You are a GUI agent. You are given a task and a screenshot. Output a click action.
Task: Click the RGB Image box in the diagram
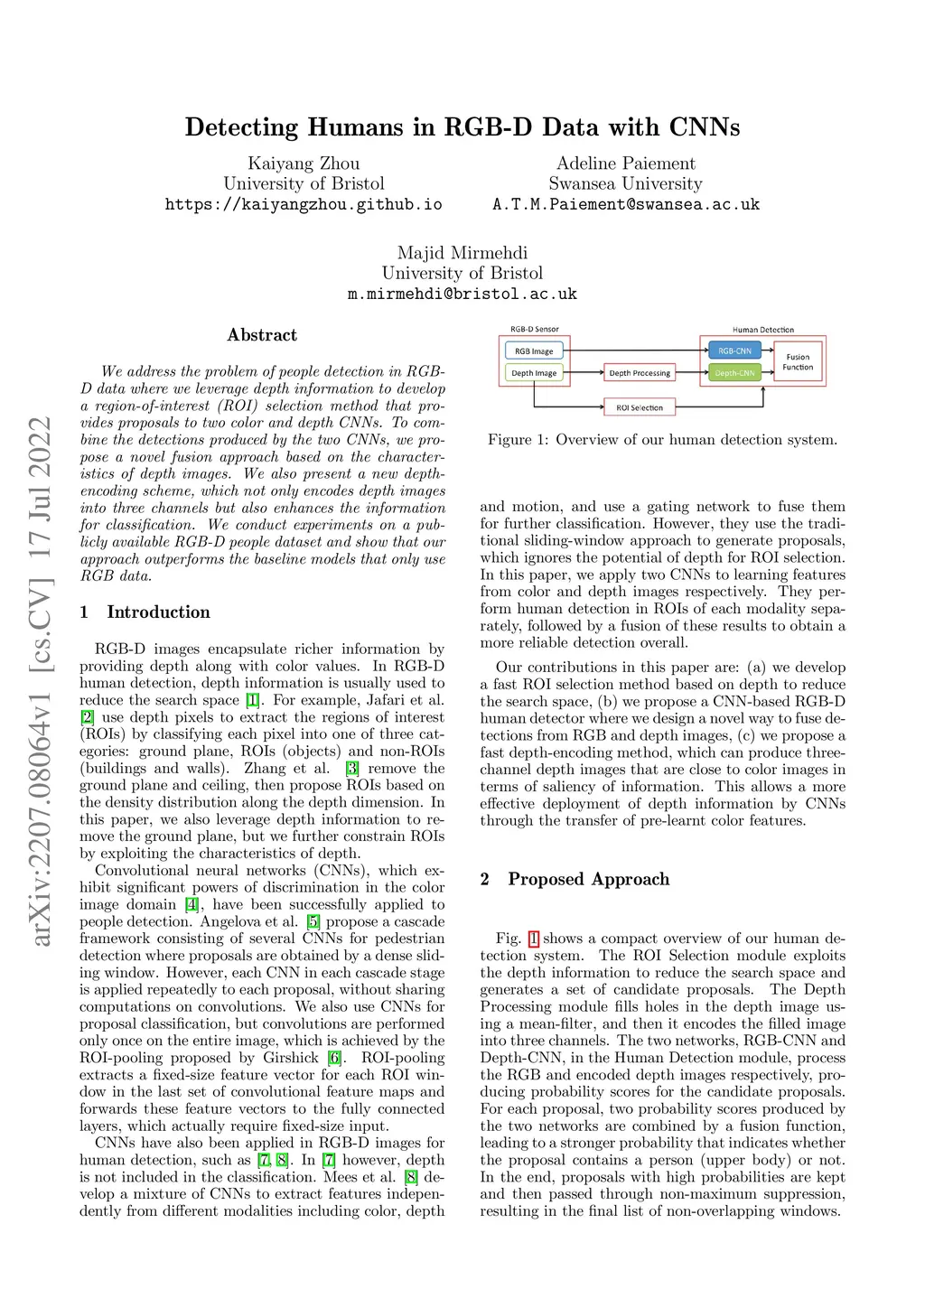tap(533, 350)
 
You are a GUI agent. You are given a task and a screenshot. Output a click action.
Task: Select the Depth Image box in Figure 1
tap(534, 372)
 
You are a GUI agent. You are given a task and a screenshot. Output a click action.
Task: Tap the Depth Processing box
tap(640, 372)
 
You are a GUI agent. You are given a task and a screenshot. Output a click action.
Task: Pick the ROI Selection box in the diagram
tap(640, 407)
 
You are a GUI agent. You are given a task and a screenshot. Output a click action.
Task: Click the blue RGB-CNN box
tap(734, 350)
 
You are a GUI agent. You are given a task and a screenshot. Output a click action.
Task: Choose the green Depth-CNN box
tap(734, 372)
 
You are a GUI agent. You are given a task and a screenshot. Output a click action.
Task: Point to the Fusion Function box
tap(798, 361)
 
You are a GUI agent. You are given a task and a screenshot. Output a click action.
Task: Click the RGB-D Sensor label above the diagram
tap(535, 330)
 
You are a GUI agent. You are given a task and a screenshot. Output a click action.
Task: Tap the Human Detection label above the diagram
tap(763, 330)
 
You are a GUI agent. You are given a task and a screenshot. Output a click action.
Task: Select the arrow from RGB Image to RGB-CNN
tap(632, 350)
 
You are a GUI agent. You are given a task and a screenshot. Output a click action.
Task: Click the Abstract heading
tap(262, 335)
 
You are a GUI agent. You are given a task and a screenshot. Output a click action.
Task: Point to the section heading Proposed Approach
tap(588, 879)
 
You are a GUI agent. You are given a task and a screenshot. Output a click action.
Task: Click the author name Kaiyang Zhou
tap(304, 163)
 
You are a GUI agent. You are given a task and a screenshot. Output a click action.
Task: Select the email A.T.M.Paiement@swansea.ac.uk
tap(626, 204)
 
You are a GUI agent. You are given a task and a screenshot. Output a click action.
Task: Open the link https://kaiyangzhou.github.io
tap(304, 204)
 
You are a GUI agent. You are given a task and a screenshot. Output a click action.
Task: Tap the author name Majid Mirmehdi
tap(462, 253)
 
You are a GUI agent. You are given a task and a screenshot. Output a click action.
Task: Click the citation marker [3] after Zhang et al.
tap(352, 769)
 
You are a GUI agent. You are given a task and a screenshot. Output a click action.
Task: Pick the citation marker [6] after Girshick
tap(334, 1058)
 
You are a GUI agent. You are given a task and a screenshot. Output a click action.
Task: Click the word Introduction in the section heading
tap(158, 612)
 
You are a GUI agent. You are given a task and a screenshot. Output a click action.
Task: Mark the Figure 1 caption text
tap(662, 440)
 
